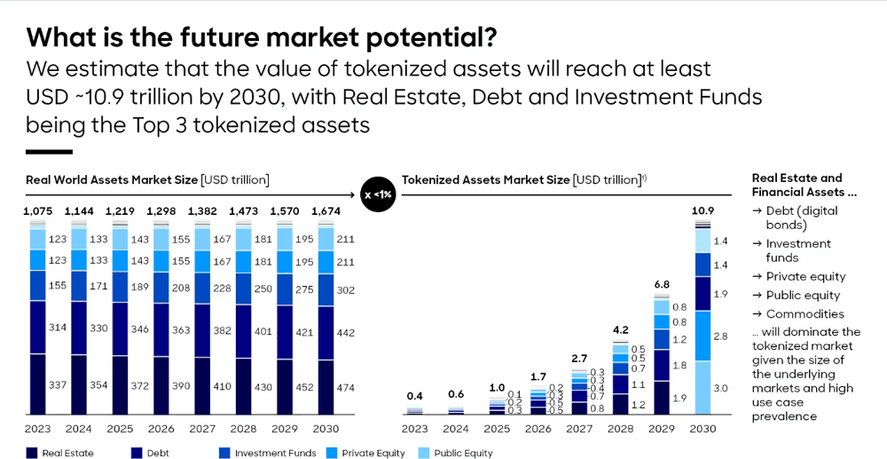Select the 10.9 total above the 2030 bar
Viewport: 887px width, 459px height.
(x=703, y=211)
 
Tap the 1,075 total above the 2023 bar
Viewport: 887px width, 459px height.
(x=38, y=211)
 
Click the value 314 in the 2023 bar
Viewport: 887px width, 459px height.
(x=58, y=328)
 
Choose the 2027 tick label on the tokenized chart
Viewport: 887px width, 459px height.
(x=579, y=429)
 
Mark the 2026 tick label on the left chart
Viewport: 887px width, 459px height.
(x=161, y=429)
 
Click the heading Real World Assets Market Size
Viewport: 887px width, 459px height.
(x=112, y=180)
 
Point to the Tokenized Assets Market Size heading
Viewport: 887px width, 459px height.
(x=485, y=180)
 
